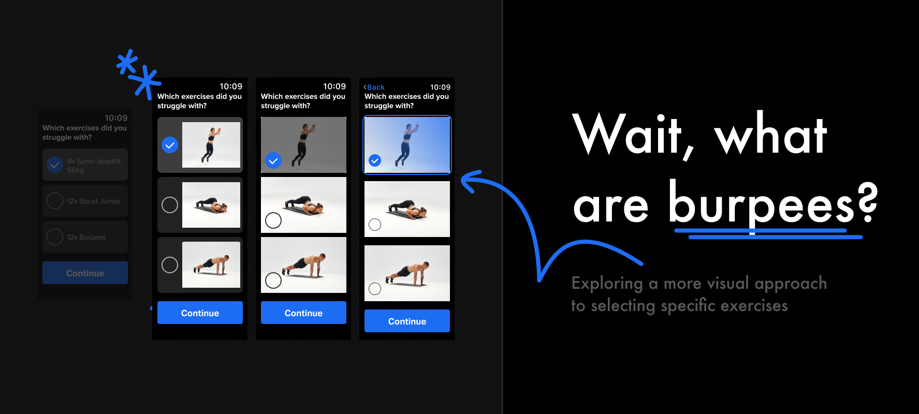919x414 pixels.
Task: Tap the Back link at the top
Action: click(374, 87)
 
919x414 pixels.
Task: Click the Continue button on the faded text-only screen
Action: click(85, 273)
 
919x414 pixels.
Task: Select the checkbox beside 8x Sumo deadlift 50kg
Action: click(55, 165)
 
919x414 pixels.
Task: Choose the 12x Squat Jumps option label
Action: click(94, 201)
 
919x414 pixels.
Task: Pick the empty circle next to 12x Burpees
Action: click(55, 237)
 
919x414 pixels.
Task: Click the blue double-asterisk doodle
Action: click(138, 73)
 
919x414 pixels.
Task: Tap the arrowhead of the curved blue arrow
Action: click(470, 181)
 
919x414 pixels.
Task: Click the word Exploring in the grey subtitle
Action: click(607, 284)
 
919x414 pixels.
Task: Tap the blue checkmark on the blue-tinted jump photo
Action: click(375, 160)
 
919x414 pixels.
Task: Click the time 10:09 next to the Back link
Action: click(440, 87)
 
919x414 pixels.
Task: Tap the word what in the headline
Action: click(770, 135)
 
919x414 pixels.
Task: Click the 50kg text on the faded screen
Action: click(76, 170)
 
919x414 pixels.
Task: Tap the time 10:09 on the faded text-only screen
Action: click(116, 118)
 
